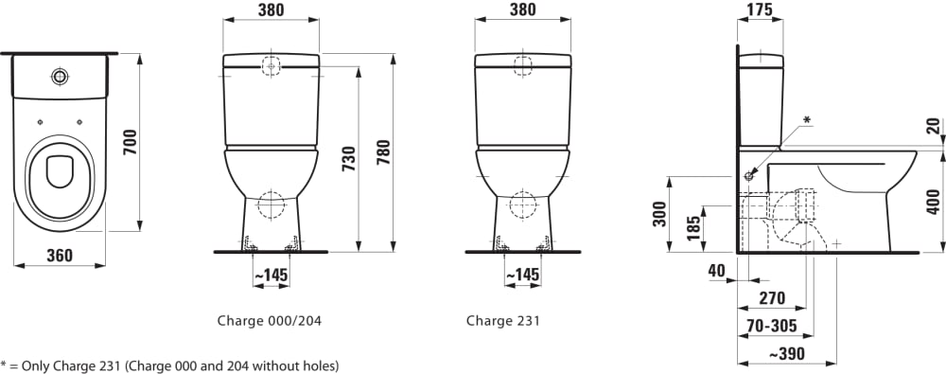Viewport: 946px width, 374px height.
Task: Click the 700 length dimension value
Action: point(131,142)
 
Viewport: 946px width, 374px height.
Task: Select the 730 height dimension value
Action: point(349,159)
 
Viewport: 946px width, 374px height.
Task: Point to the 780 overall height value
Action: point(384,152)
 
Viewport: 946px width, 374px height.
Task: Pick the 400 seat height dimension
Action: point(934,202)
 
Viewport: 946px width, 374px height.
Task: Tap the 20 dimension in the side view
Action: point(934,126)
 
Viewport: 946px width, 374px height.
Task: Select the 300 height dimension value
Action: point(659,214)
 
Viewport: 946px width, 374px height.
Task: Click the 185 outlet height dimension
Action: point(694,228)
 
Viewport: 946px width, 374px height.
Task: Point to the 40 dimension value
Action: point(716,271)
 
